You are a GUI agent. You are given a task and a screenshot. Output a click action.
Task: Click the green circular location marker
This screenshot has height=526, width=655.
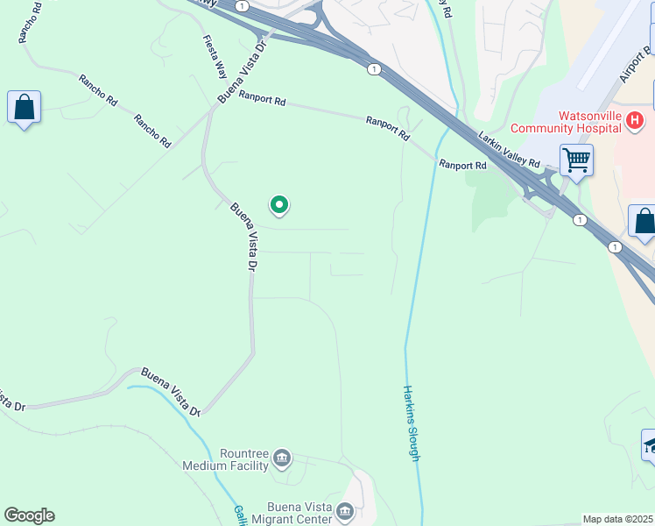click(279, 205)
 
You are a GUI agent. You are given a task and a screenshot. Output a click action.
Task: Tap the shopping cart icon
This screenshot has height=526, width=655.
click(576, 161)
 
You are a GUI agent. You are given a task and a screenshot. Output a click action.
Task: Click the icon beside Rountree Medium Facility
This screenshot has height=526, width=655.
click(282, 458)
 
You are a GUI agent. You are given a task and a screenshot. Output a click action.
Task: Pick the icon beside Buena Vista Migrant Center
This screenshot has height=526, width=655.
click(346, 511)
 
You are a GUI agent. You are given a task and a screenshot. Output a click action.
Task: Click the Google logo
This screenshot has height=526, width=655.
click(29, 515)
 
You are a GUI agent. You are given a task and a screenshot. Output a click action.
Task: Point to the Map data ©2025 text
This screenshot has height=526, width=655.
click(617, 519)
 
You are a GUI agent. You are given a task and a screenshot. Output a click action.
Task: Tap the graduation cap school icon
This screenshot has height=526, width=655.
click(649, 445)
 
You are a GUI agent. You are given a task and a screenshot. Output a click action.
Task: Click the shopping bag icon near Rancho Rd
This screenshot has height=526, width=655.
click(25, 108)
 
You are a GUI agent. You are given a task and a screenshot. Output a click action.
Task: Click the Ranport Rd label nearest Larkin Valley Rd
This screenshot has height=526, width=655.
click(462, 165)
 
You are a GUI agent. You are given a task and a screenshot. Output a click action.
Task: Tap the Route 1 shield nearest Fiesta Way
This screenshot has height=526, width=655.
click(241, 6)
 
